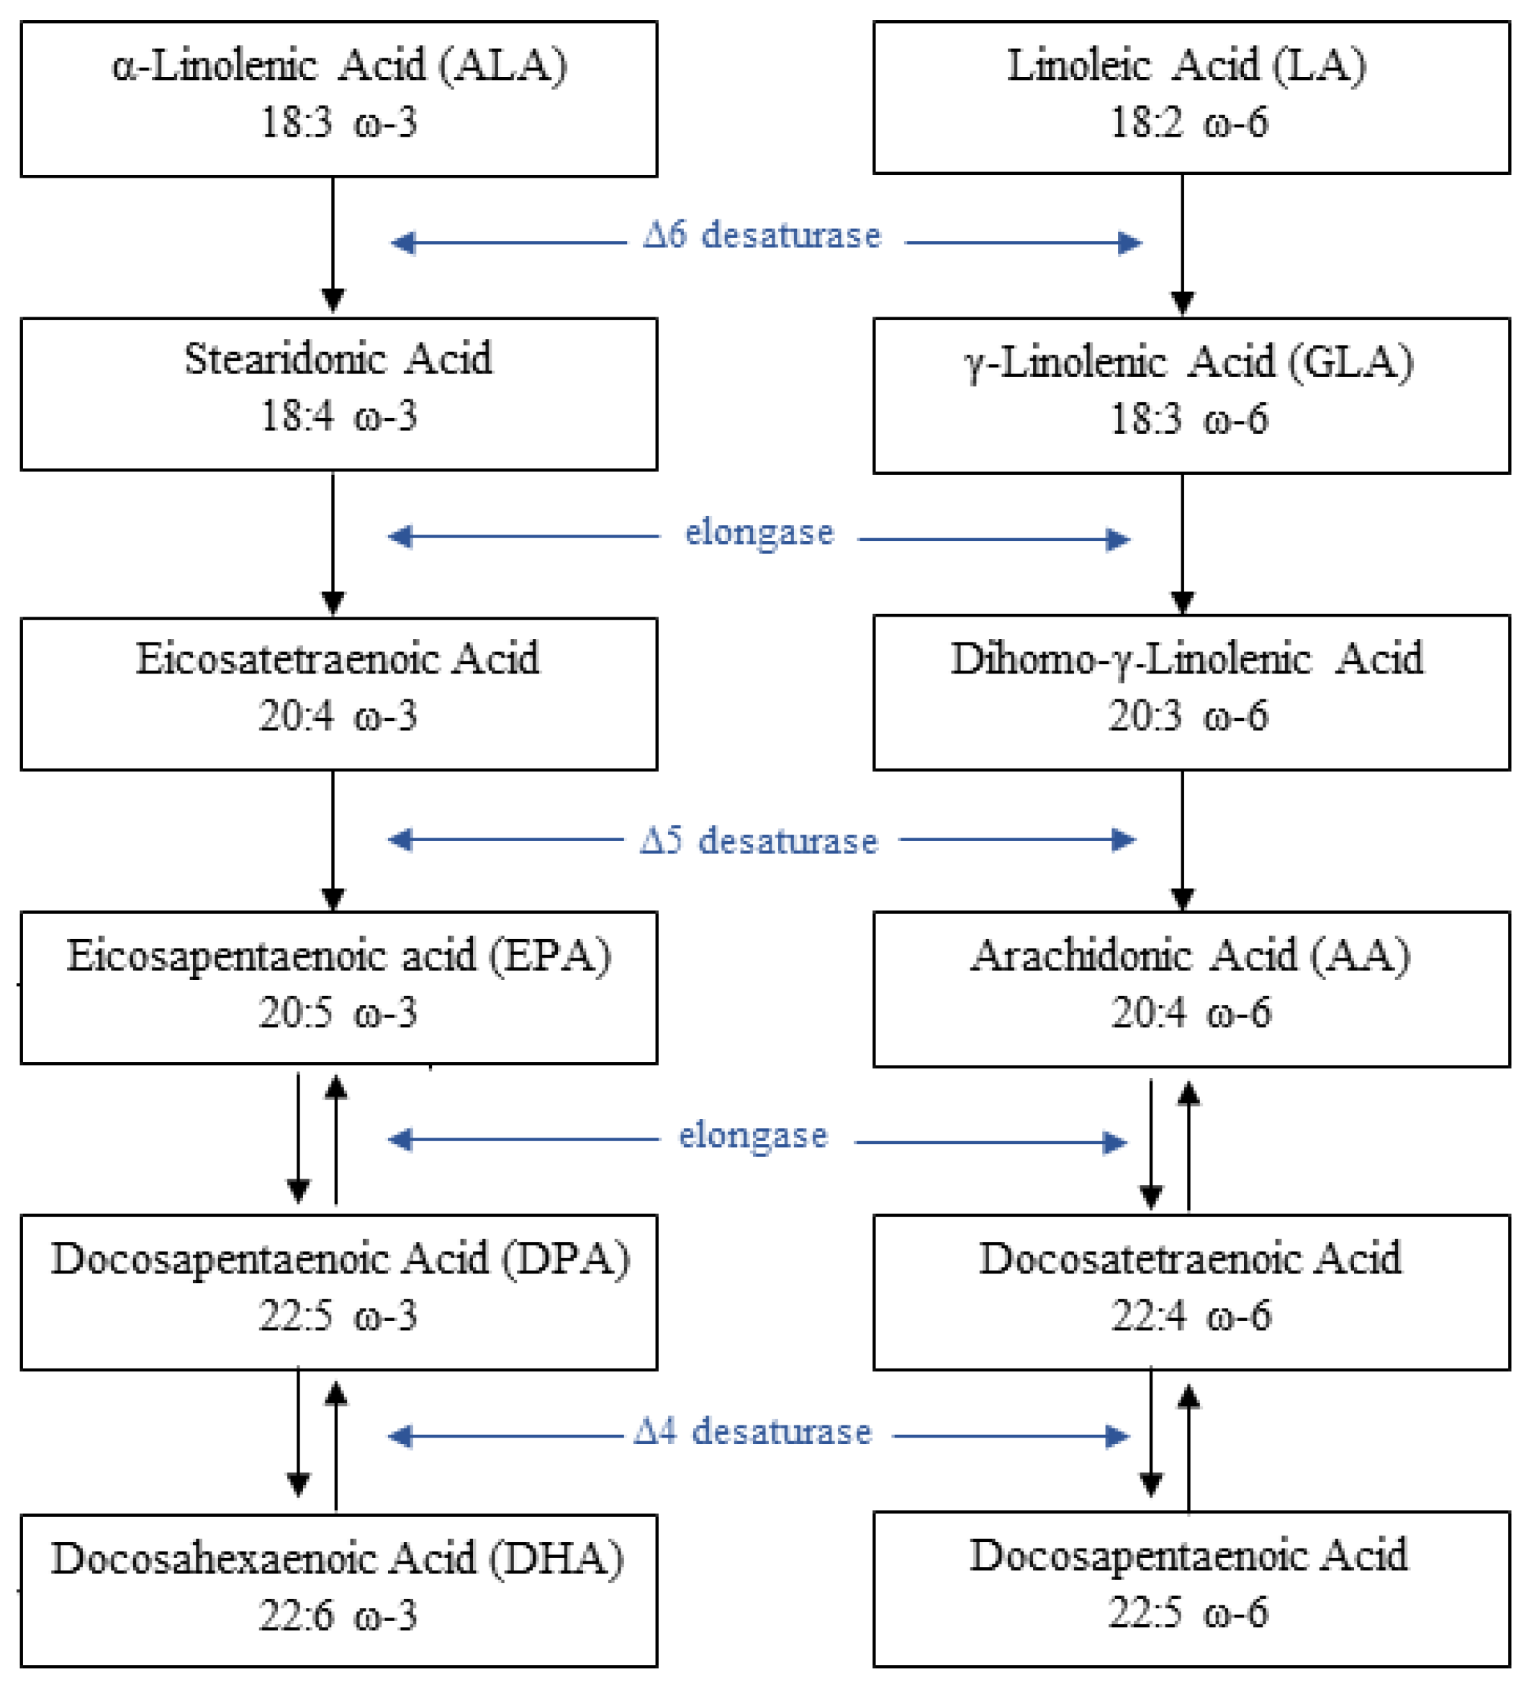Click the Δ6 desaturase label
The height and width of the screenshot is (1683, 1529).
click(762, 236)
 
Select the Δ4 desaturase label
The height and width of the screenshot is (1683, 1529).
click(752, 1433)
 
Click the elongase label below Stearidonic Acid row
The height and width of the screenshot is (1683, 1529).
click(758, 532)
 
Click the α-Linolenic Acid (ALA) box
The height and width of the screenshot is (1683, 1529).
click(338, 99)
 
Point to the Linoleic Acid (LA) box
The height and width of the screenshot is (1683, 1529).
click(1191, 97)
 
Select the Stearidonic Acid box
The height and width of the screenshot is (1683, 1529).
click(338, 394)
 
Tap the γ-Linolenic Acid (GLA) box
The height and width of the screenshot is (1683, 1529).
click(1191, 396)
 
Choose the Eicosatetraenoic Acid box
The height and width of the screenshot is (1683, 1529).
click(338, 694)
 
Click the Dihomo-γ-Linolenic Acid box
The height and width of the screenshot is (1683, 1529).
click(1191, 692)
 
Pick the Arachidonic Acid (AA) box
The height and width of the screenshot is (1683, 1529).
click(1191, 989)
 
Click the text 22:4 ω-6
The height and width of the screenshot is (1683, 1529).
click(1191, 1317)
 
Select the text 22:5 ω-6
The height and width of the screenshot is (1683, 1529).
click(1188, 1612)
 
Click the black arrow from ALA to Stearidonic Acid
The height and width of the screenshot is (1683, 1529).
click(333, 242)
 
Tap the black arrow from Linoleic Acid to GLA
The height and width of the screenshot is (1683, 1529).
click(1181, 242)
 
